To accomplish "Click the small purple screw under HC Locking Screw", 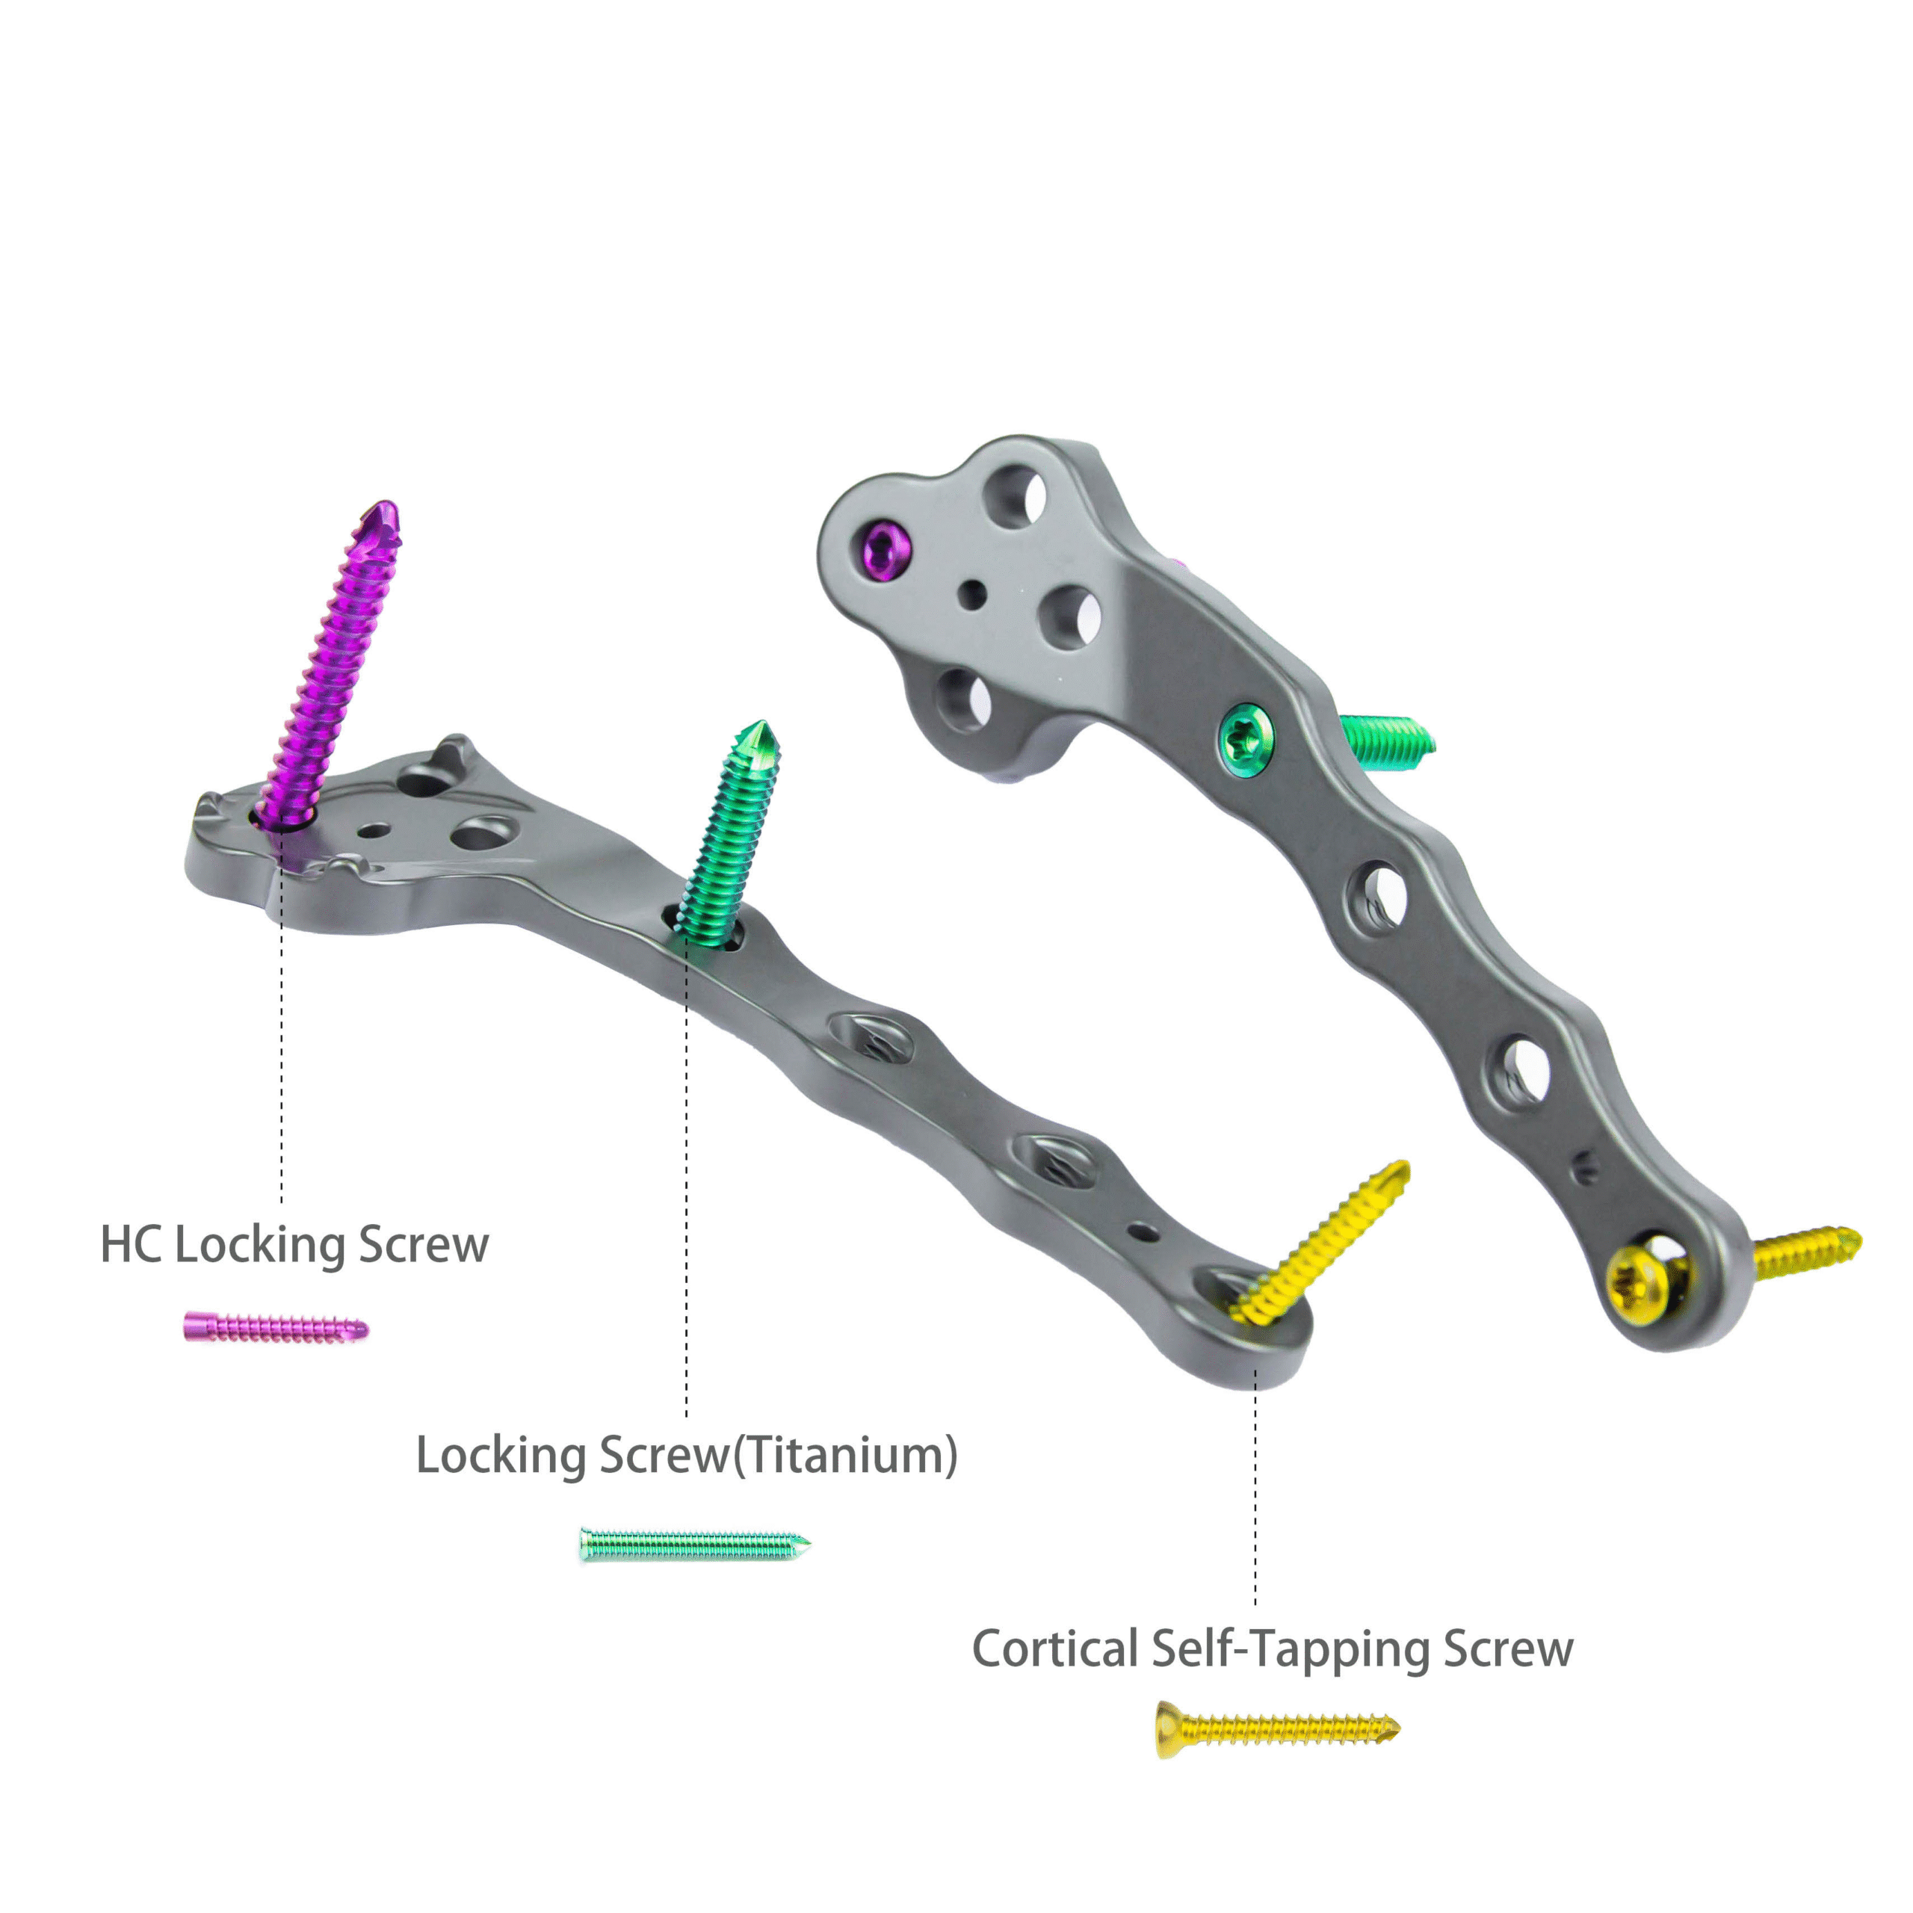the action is [275, 1328].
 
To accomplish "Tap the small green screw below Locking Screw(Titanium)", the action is [694, 1545].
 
